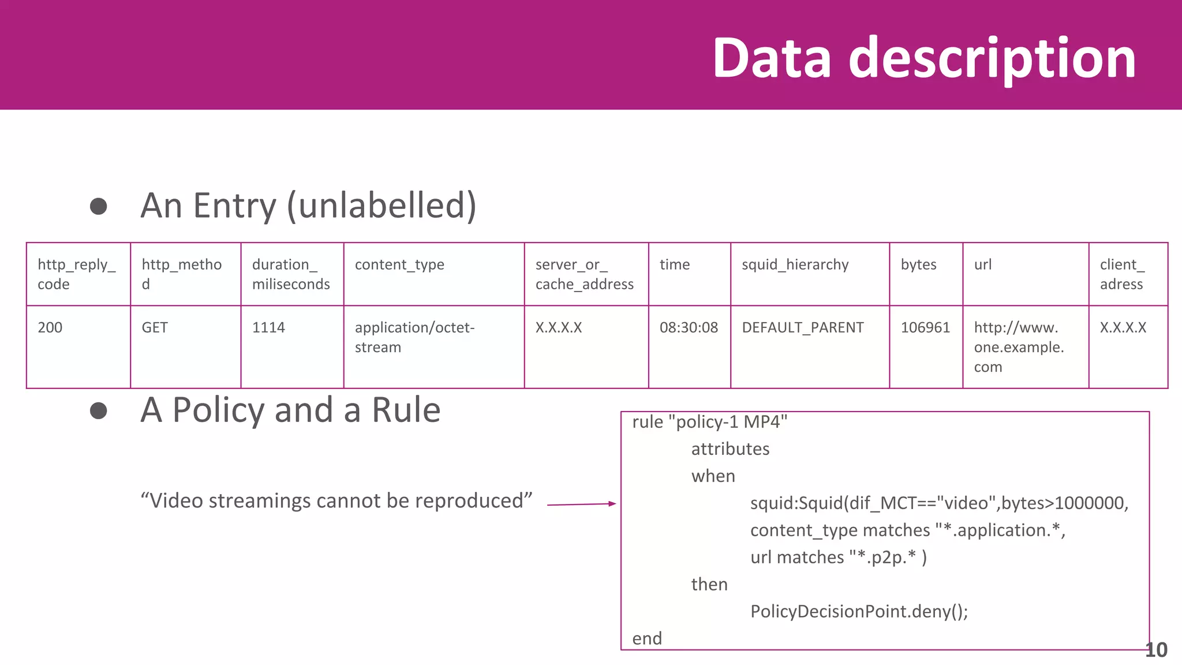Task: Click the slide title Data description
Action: (924, 58)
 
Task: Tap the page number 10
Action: (1156, 650)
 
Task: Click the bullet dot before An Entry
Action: (99, 206)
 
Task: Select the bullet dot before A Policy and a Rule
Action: (99, 410)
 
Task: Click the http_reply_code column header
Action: (77, 274)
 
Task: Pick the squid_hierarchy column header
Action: (795, 264)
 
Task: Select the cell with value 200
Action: (50, 327)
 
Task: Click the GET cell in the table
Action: (155, 327)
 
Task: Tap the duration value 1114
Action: (268, 327)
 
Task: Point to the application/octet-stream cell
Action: (414, 337)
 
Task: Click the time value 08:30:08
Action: (689, 327)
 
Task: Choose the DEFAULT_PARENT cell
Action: (802, 327)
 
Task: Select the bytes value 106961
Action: (925, 327)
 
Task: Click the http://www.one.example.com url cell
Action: (1019, 347)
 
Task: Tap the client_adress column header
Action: (1122, 274)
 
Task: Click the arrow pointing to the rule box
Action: (581, 505)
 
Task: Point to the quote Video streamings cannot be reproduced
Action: (336, 500)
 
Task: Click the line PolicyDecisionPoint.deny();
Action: (859, 611)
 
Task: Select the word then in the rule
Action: (709, 584)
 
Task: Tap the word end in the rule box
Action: (647, 638)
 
